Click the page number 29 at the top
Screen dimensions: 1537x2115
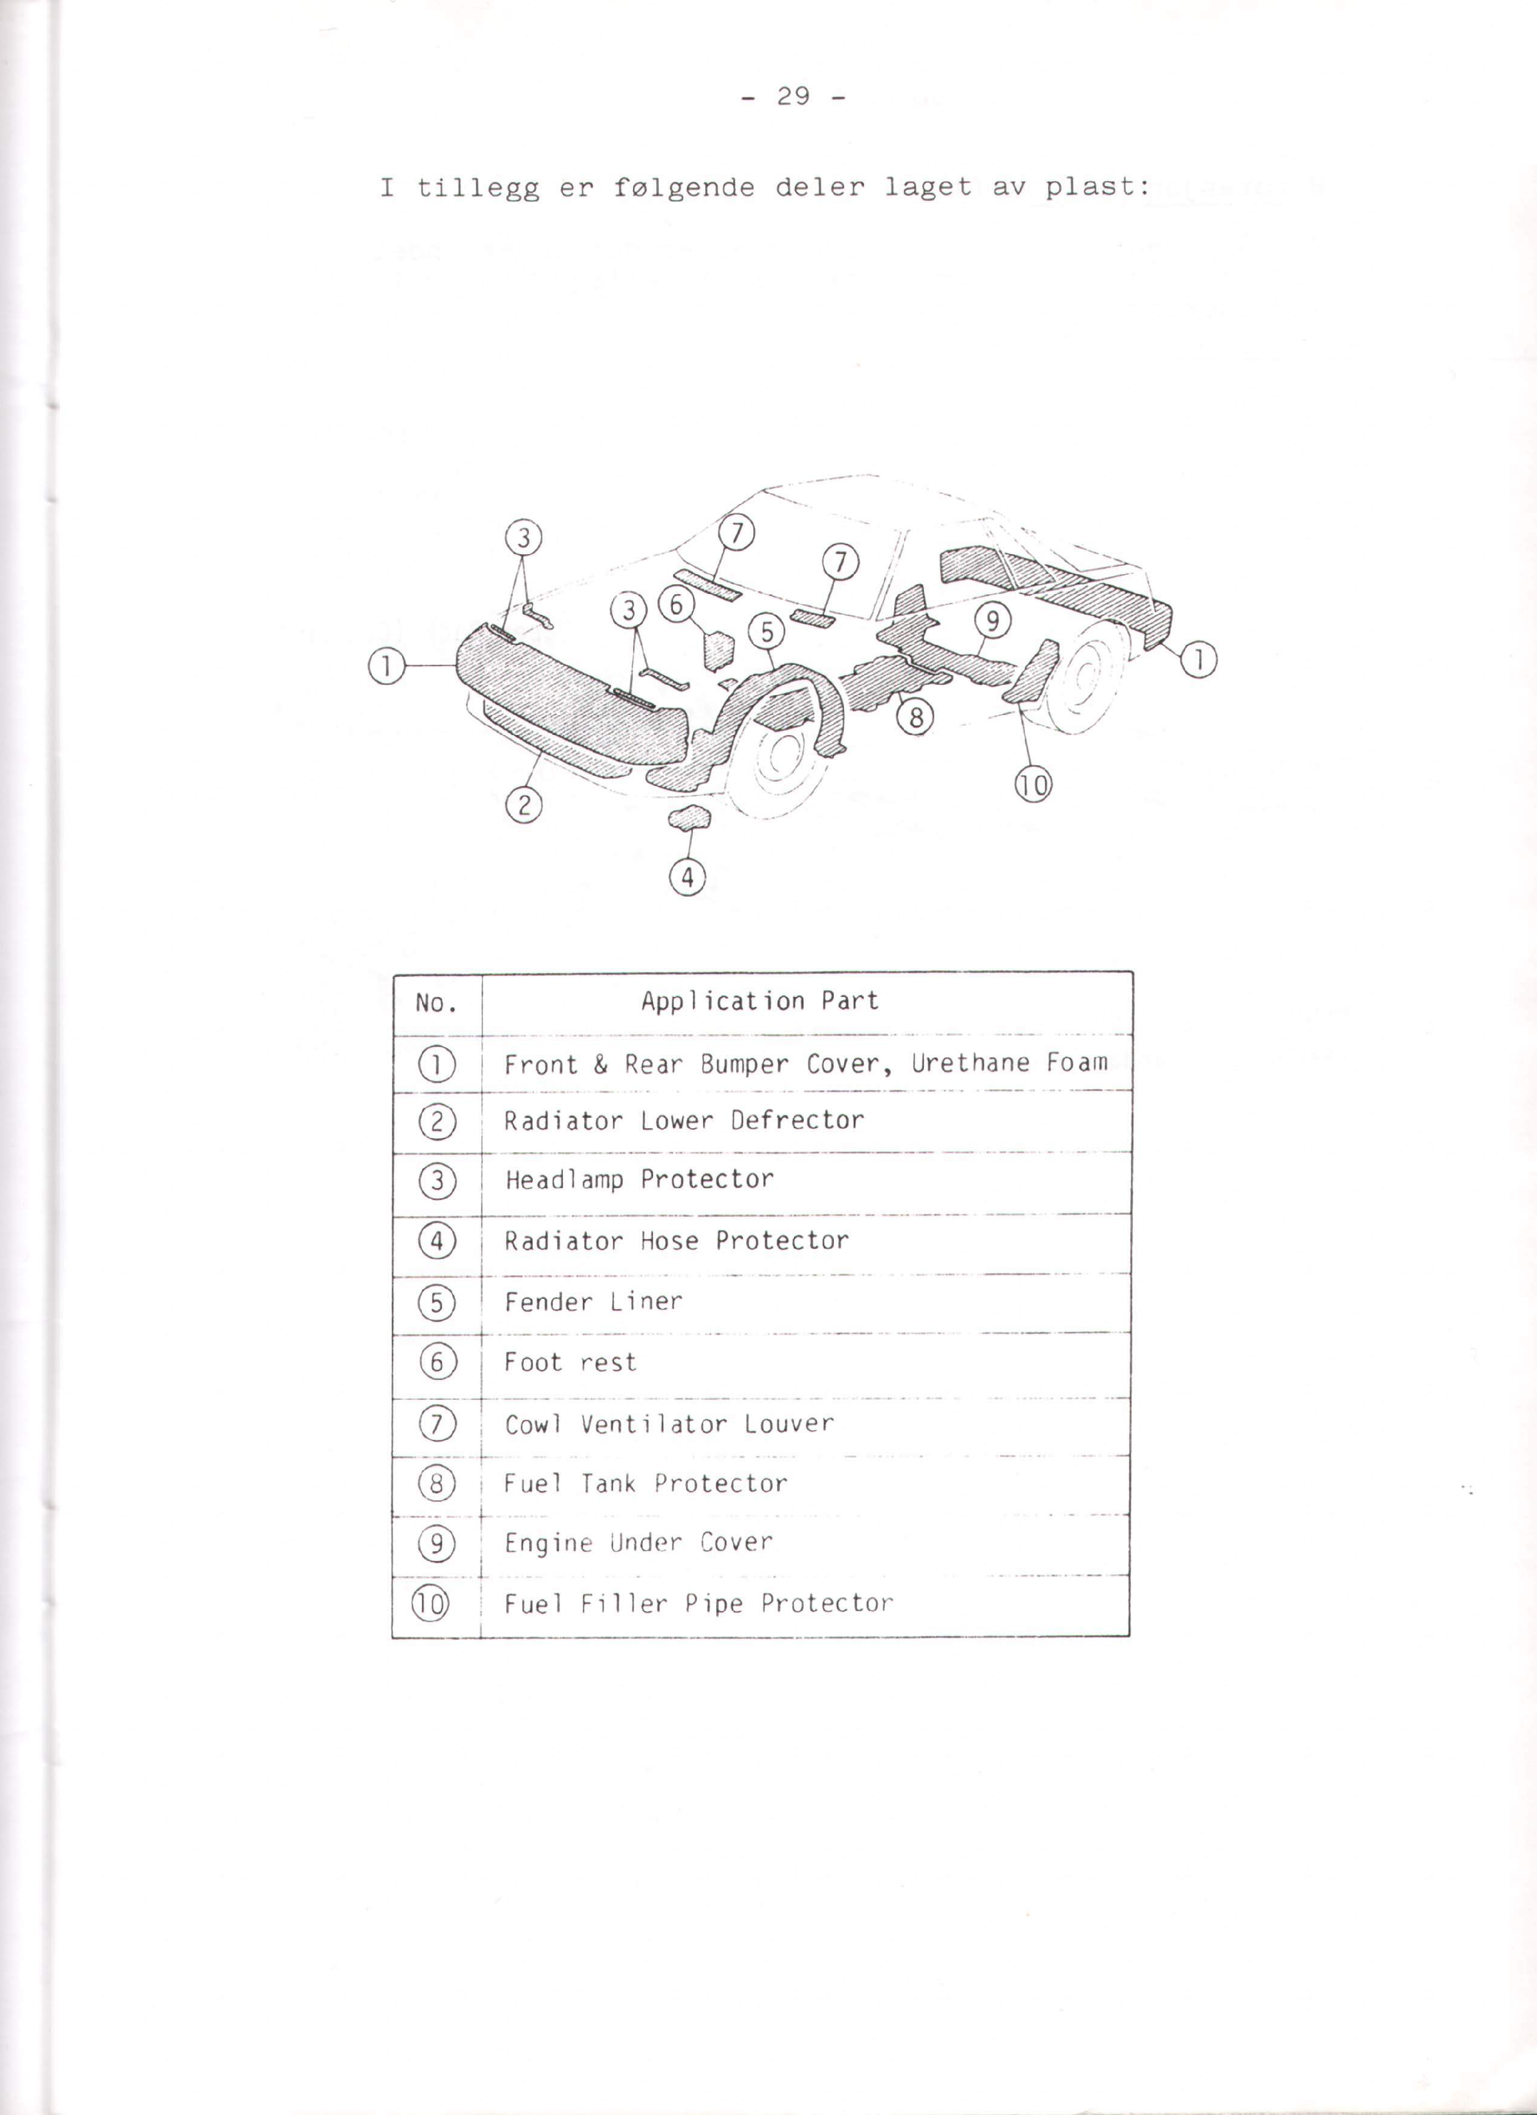click(x=793, y=96)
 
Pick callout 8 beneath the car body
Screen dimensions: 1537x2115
click(x=915, y=717)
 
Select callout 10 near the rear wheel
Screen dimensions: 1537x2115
click(x=1034, y=785)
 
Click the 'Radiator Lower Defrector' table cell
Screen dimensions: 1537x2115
click(x=684, y=1120)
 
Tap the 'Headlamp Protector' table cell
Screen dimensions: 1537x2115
click(x=639, y=1180)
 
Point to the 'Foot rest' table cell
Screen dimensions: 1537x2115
click(x=570, y=1362)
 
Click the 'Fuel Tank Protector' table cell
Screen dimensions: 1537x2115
click(x=646, y=1483)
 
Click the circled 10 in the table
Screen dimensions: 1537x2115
click(x=430, y=1604)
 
